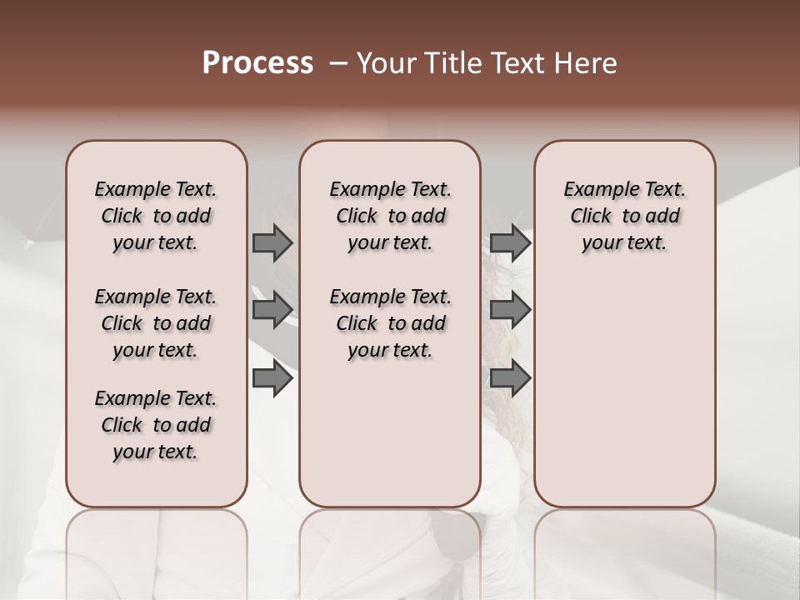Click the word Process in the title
[257, 63]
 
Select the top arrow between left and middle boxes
[272, 242]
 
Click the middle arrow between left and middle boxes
[272, 310]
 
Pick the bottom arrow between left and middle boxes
[272, 378]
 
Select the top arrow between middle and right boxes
[510, 242]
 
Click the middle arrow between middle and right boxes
[510, 310]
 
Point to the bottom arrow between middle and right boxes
[510, 378]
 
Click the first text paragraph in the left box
[156, 216]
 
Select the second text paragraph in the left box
[156, 323]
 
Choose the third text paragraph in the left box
[156, 425]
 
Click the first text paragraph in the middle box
[390, 216]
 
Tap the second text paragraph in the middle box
[390, 323]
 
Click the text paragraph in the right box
[624, 216]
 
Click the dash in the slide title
[338, 63]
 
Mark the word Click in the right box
[591, 217]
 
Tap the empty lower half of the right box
[624, 400]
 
